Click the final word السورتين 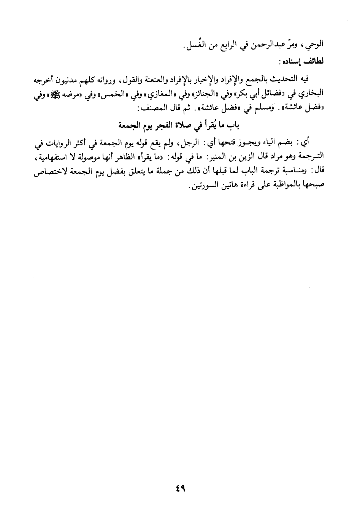(x=203, y=186)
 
